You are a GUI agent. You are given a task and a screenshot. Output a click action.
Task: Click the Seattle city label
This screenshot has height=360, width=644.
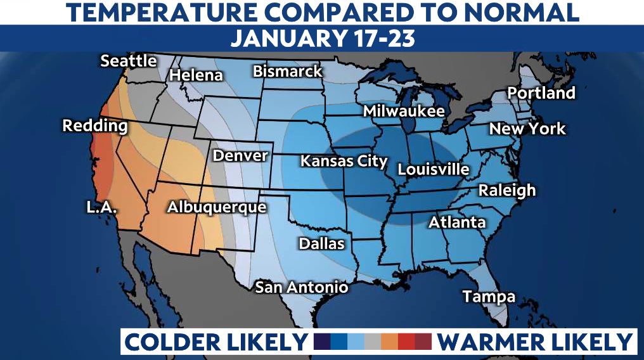pos(129,61)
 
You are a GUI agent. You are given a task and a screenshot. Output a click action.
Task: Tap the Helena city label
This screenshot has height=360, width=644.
pos(196,75)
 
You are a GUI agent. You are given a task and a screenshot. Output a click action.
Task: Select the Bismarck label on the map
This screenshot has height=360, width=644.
pos(288,71)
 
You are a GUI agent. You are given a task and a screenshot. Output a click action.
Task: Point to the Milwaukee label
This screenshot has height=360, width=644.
pos(403,111)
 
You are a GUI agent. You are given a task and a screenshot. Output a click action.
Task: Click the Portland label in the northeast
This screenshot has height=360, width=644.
pos(541,93)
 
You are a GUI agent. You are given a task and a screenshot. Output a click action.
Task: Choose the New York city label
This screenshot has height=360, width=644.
pos(527,129)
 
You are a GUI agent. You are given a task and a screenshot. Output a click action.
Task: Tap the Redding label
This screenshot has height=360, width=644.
pos(94,125)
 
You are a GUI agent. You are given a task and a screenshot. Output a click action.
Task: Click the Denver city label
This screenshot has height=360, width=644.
pos(240,155)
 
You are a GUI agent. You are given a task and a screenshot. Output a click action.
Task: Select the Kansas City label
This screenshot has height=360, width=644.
pos(343,161)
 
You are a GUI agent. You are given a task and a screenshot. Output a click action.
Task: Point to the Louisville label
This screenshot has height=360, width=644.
pos(434,169)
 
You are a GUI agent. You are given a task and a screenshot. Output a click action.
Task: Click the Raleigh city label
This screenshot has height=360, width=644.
pos(506,190)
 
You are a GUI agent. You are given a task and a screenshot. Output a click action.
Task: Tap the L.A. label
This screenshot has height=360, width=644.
pos(102,207)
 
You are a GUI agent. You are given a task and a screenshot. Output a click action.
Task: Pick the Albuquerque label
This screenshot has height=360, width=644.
pos(216,207)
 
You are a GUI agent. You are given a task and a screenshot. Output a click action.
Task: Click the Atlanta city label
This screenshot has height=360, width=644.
pos(457,222)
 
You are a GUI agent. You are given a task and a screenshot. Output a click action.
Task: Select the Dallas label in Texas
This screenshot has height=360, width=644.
pos(321,243)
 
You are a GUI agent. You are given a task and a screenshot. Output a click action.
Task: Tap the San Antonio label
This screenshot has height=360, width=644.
pos(301,287)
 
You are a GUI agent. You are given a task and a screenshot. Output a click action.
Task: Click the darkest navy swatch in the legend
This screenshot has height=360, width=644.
pos(322,342)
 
